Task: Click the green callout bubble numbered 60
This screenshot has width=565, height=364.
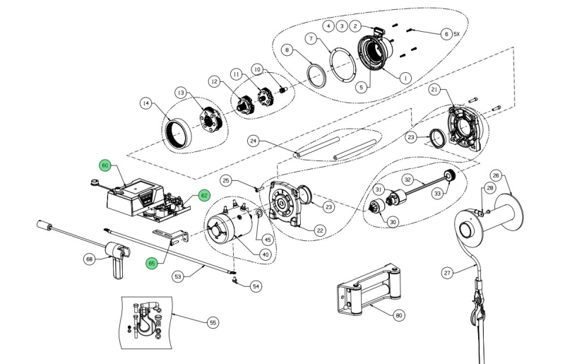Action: pyautogui.click(x=105, y=165)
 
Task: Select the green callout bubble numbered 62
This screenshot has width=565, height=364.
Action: pyautogui.click(x=203, y=194)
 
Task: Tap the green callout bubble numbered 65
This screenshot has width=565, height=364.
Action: pyautogui.click(x=152, y=264)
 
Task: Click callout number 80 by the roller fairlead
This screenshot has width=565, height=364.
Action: pyautogui.click(x=400, y=315)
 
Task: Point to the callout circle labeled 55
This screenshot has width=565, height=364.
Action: pyautogui.click(x=213, y=322)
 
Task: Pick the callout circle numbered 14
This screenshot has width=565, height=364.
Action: pyautogui.click(x=145, y=103)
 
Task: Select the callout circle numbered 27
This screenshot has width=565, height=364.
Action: pyautogui.click(x=446, y=272)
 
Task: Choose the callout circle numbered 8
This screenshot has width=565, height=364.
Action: pyautogui.click(x=287, y=50)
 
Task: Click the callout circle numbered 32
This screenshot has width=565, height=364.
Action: pyautogui.click(x=408, y=180)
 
